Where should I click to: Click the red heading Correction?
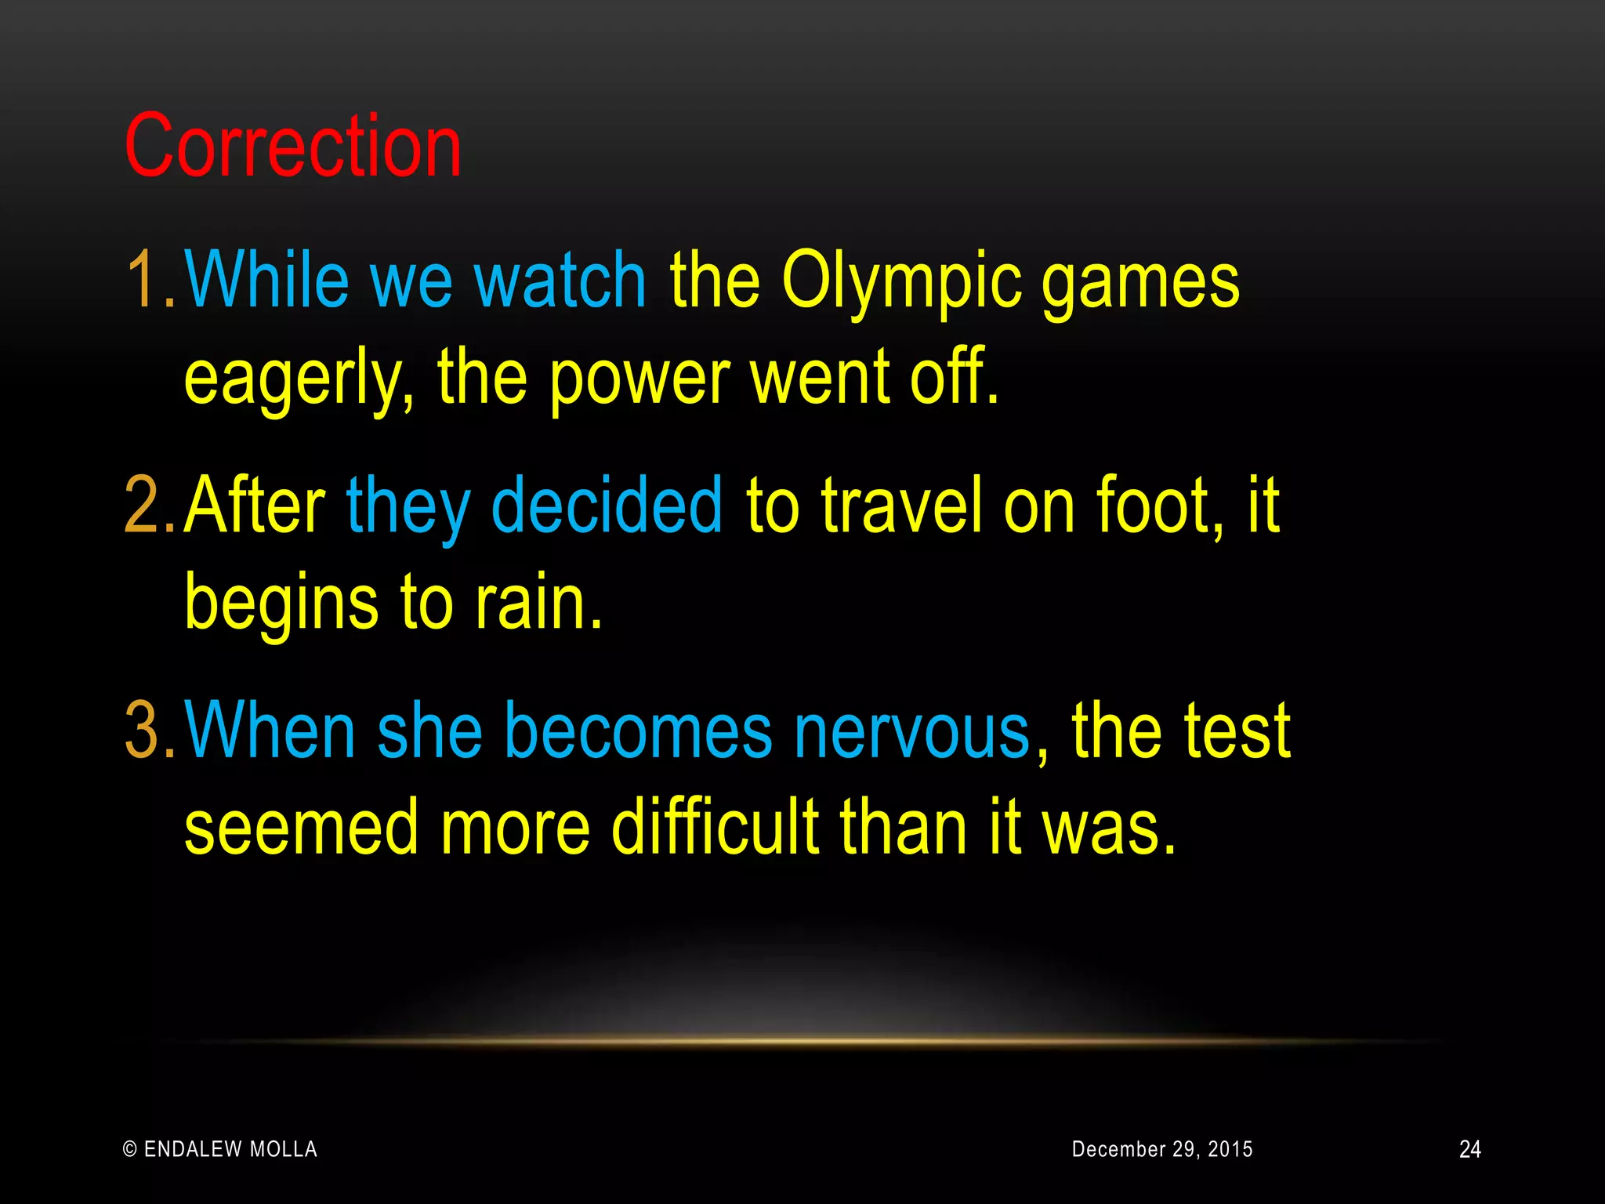[x=293, y=147]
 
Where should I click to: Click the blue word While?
[x=266, y=279]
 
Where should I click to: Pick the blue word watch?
[x=560, y=279]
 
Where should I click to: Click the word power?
[x=639, y=379]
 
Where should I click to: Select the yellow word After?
[x=255, y=506]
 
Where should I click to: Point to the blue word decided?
[x=606, y=506]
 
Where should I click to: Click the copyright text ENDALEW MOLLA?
[x=220, y=1149]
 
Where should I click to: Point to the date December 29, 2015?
[x=1161, y=1149]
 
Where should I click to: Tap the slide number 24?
[x=1469, y=1149]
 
